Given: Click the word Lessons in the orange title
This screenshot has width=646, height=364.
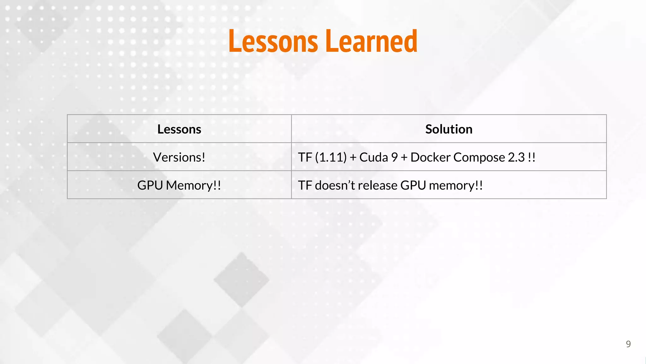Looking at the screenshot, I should point(273,41).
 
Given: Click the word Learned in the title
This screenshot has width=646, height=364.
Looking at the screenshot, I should point(372,41).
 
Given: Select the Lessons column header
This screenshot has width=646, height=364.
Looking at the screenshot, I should point(179,129).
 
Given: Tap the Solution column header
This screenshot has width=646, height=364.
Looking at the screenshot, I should point(449,129).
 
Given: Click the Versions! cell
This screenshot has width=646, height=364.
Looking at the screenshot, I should point(179,157).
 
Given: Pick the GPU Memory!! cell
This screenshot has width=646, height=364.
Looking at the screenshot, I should point(179,185).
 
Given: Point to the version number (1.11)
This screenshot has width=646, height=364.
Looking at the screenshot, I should point(331,157).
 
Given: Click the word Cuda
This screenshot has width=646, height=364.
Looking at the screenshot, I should point(373,157).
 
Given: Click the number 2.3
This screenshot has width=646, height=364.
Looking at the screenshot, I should point(516,157).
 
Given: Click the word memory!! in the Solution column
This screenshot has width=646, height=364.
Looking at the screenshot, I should point(456,185).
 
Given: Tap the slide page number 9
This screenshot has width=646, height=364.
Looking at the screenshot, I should point(628,344).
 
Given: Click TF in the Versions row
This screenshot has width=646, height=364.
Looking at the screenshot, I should point(305,157).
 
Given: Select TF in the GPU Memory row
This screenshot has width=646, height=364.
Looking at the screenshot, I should point(305,185).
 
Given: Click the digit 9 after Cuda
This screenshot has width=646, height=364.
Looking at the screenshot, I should point(394,157).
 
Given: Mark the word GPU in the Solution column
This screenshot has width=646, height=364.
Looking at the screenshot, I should point(413,185).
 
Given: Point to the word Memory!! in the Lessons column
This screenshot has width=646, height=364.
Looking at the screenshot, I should point(193,185).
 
